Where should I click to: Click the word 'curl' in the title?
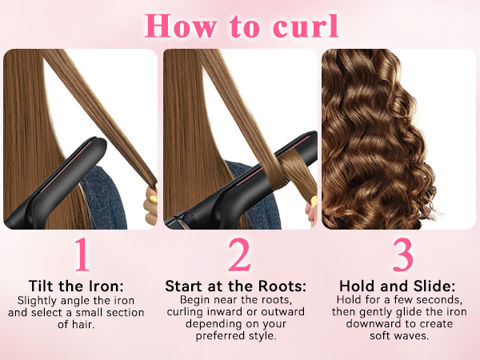click(x=298, y=26)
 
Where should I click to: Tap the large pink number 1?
click(x=81, y=254)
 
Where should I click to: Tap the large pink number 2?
click(x=239, y=254)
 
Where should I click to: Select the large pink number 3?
click(x=402, y=254)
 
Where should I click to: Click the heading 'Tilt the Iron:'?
click(x=81, y=286)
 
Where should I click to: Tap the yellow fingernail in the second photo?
click(x=313, y=200)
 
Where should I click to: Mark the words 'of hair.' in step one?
click(x=81, y=324)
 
